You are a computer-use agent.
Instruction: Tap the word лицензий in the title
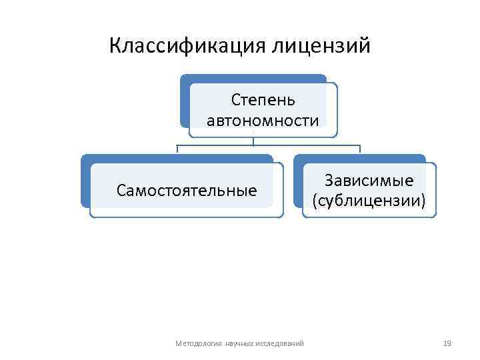tap(321, 46)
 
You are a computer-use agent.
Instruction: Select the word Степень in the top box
tap(263, 100)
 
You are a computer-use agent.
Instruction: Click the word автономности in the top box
tap(263, 121)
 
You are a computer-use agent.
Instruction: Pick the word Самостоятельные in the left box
tap(187, 191)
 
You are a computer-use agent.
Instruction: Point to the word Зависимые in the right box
tap(369, 181)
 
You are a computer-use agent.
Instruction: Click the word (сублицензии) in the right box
tap(369, 201)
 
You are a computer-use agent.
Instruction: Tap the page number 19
tap(447, 343)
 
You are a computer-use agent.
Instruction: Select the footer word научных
tap(239, 343)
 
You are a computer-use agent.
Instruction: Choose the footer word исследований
tap(279, 343)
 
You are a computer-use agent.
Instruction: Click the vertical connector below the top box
tap(253, 141)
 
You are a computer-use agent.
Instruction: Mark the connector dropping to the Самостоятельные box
tap(177, 150)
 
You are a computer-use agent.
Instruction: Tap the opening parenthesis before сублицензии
tap(313, 201)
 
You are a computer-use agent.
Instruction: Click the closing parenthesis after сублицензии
tap(424, 201)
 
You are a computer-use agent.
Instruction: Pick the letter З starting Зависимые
tap(328, 181)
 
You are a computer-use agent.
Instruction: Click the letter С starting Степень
tap(235, 100)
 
